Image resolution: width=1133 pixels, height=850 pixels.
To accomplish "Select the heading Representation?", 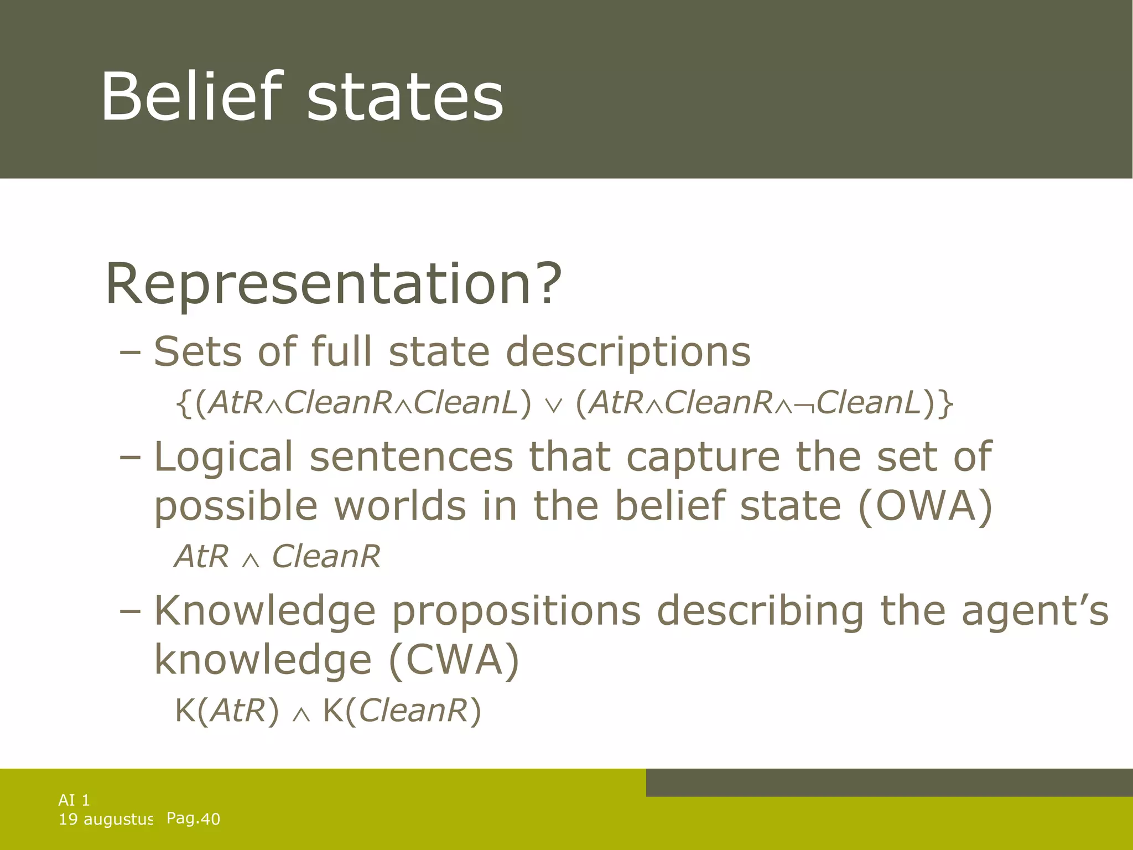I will (333, 284).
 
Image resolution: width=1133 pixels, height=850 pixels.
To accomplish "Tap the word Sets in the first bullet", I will (198, 351).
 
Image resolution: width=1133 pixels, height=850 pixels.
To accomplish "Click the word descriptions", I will (628, 353).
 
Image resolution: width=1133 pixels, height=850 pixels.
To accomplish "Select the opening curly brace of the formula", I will (183, 403).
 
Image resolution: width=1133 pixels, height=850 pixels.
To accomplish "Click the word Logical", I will (223, 458).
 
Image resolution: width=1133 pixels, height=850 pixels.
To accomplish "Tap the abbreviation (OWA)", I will (925, 506).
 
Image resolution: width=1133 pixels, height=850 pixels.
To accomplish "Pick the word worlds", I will (400, 506).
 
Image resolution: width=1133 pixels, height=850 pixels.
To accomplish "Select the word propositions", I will (516, 612).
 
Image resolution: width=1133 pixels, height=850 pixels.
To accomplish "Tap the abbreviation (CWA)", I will (454, 660).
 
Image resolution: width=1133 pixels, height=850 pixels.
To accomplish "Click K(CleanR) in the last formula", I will (402, 711).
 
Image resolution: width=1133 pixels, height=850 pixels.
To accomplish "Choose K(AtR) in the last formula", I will (227, 711).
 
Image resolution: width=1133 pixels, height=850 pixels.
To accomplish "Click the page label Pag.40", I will (193, 818).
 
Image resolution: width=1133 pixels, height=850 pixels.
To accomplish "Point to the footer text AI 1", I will (74, 800).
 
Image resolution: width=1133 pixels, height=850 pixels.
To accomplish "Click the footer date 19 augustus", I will (106, 820).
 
